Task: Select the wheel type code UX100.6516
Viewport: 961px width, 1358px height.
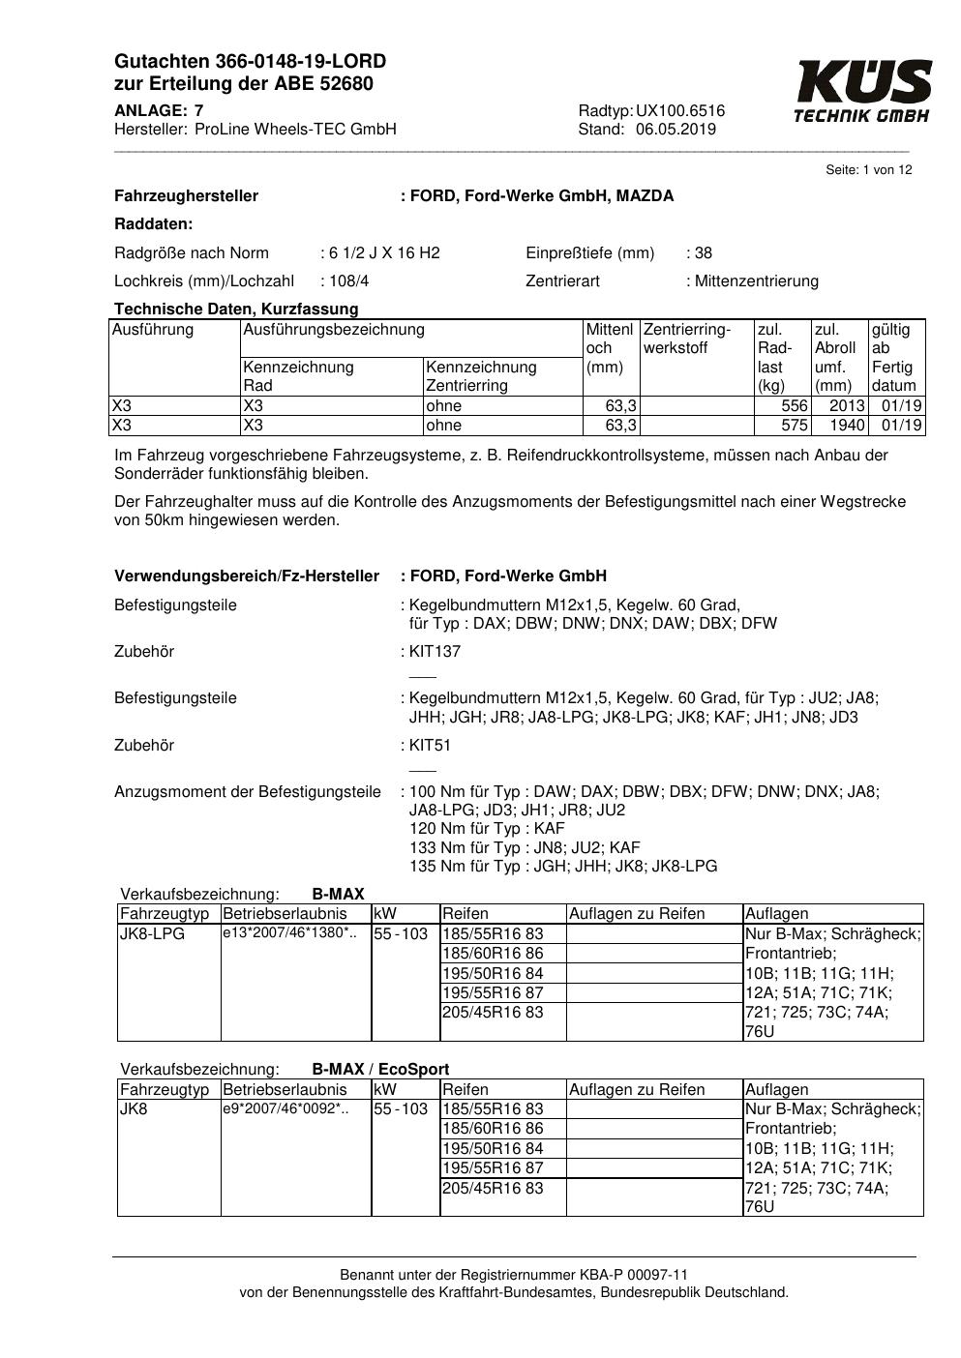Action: click(x=680, y=111)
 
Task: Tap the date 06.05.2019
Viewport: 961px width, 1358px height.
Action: click(x=676, y=130)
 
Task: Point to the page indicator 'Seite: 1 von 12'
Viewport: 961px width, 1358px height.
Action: click(x=868, y=170)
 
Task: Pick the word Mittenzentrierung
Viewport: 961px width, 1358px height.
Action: click(x=756, y=281)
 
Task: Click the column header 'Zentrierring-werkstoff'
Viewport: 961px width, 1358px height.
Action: click(x=687, y=339)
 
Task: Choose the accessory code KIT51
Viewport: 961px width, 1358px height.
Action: click(x=430, y=746)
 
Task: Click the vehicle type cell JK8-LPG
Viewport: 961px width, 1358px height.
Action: click(x=153, y=934)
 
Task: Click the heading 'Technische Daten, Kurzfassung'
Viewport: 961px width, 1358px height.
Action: click(x=236, y=310)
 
